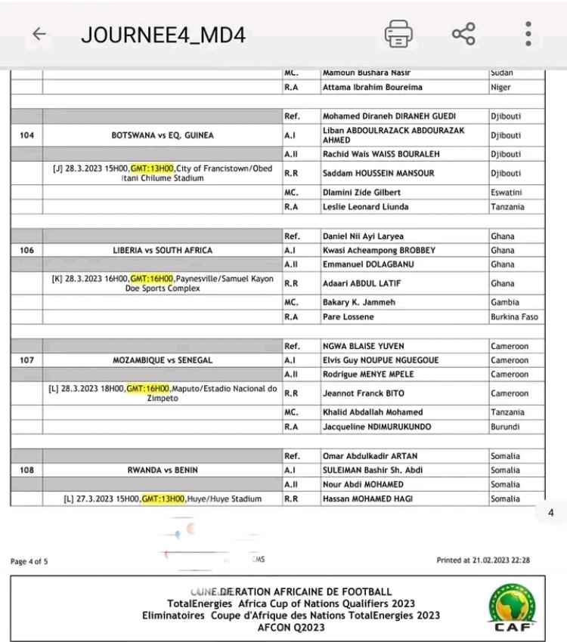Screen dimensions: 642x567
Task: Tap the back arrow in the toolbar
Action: [x=39, y=35]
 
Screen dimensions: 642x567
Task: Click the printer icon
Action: [x=398, y=34]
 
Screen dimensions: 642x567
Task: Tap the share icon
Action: [x=463, y=34]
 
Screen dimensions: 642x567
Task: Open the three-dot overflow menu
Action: [x=528, y=34]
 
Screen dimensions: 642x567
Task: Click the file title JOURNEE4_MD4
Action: [x=163, y=35]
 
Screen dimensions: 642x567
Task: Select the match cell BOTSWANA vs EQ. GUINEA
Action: [x=162, y=135]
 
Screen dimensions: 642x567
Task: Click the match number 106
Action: [x=27, y=250]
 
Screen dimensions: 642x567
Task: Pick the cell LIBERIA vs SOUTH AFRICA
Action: [x=162, y=250]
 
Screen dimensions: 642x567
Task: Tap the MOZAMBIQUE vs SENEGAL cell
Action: [x=162, y=360]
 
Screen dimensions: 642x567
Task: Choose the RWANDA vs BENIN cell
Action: [x=162, y=471]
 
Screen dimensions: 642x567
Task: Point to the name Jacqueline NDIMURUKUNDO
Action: [x=376, y=427]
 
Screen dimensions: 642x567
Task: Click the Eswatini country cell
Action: [x=507, y=193]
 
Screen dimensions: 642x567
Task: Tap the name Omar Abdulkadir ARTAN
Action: [x=369, y=456]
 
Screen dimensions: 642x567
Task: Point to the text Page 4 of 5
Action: [x=29, y=561]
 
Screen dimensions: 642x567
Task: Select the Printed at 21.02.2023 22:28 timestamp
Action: [x=482, y=560]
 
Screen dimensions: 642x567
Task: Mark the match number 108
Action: [x=27, y=471]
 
